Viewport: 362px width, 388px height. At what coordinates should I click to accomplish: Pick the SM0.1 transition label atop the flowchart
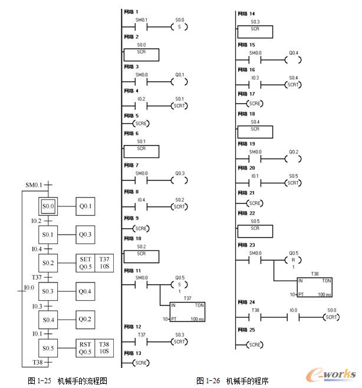tap(34, 185)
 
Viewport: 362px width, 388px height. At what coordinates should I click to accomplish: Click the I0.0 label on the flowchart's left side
tap(28, 287)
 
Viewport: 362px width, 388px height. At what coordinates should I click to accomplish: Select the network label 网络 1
tap(131, 11)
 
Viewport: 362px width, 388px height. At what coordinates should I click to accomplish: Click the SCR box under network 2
tap(141, 53)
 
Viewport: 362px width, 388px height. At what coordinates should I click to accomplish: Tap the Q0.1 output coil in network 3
tap(179, 82)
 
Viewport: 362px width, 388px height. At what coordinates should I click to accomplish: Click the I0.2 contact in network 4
tap(141, 106)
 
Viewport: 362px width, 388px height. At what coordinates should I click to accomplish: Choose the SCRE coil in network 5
tap(141, 124)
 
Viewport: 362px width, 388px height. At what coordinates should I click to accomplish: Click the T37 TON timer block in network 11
tap(187, 311)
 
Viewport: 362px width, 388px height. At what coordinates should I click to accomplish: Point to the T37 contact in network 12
tap(141, 342)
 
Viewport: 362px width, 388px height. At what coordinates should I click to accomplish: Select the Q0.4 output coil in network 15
tap(293, 60)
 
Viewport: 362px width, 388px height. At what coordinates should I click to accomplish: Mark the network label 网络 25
tap(245, 330)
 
